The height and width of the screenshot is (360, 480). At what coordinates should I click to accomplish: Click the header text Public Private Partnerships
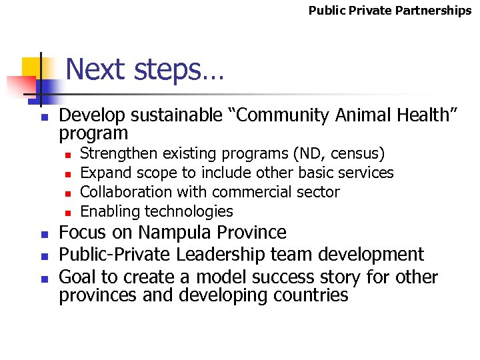click(389, 11)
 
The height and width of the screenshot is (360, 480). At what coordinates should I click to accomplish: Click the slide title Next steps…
click(145, 69)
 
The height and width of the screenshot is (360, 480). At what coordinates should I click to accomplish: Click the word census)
click(361, 154)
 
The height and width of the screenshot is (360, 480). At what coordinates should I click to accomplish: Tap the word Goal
click(79, 277)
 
